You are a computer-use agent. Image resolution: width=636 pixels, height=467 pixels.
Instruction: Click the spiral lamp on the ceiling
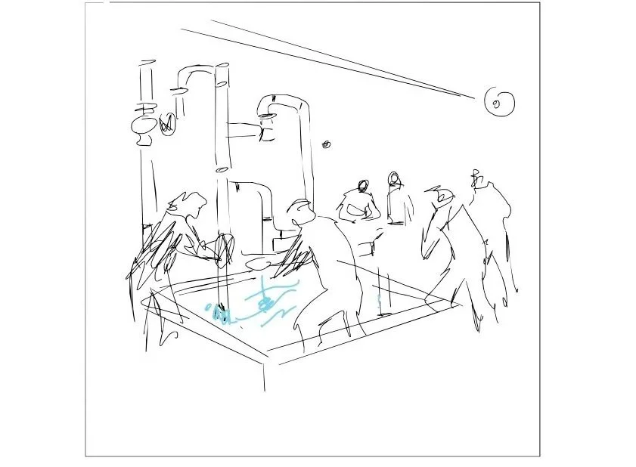[x=499, y=102]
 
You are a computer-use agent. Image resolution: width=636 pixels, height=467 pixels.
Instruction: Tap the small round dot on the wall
[x=327, y=144]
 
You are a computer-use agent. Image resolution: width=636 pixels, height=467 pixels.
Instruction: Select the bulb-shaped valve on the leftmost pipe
[x=144, y=129]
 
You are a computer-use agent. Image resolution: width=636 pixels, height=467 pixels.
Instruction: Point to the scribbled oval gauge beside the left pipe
[x=167, y=123]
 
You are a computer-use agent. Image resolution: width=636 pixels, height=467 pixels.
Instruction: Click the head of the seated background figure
[x=363, y=185]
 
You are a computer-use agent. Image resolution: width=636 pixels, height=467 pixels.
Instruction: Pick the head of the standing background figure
[x=393, y=178]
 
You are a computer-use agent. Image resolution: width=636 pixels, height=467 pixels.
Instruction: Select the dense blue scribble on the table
[x=221, y=313]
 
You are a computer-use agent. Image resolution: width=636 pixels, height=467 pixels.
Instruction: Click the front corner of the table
[x=265, y=355]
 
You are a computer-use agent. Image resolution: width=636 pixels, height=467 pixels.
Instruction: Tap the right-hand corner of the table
[x=459, y=305]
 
